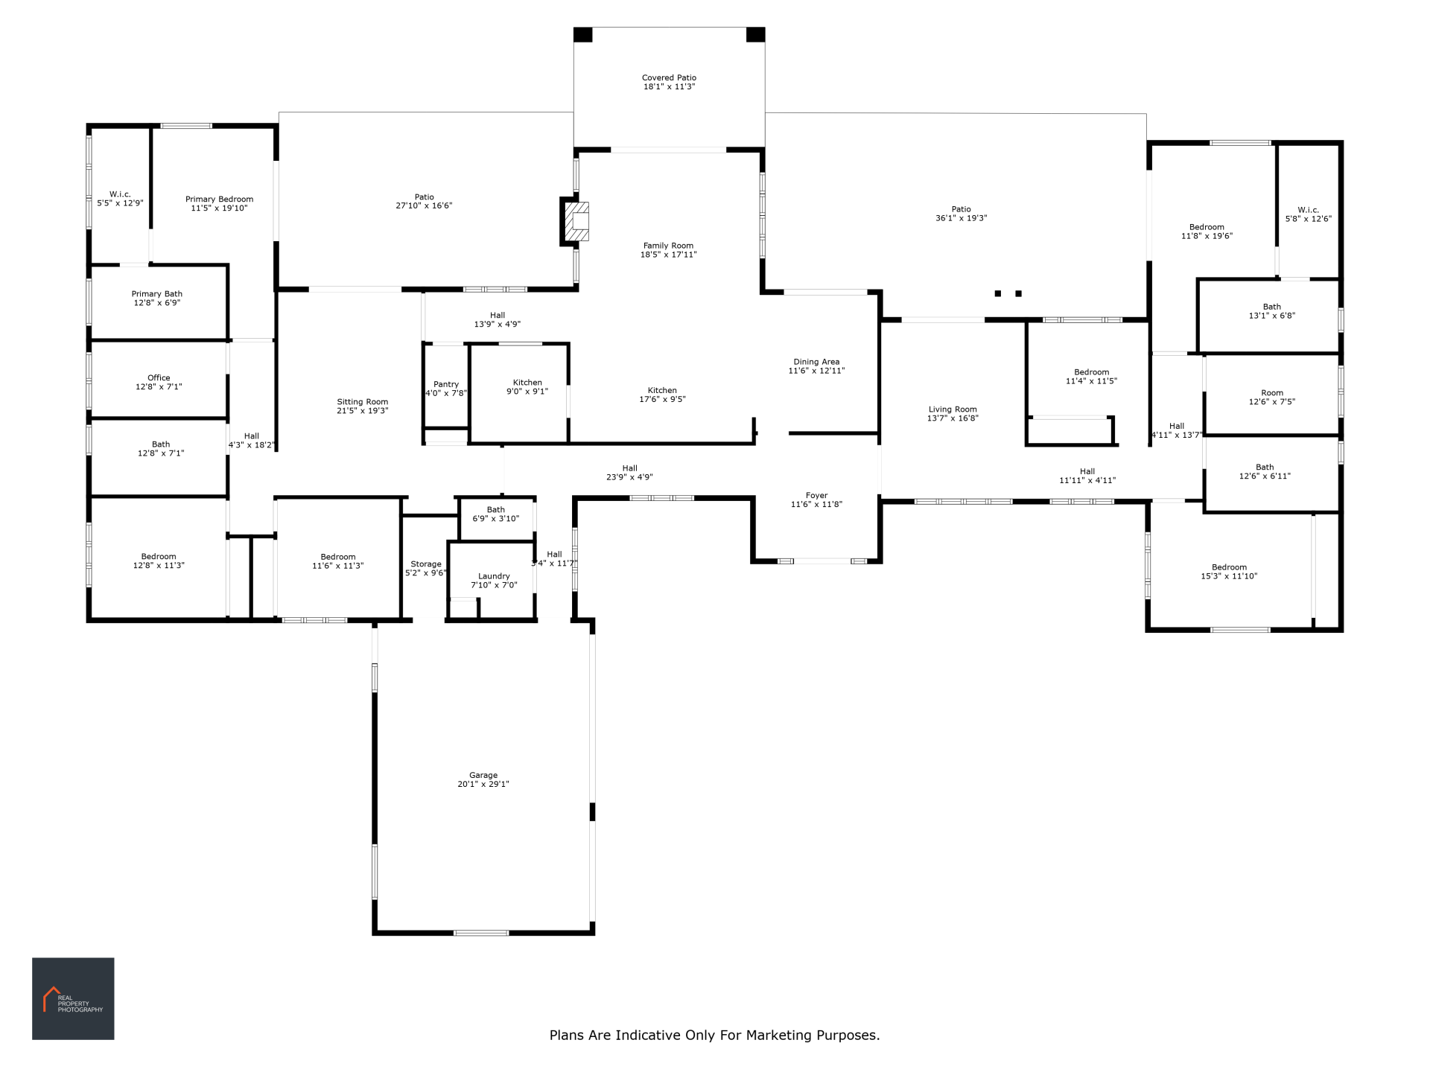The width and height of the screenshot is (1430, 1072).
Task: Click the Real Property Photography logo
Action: (73, 998)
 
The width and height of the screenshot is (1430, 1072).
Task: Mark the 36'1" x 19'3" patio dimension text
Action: (961, 218)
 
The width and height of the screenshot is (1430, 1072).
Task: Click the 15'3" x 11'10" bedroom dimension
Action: (1229, 576)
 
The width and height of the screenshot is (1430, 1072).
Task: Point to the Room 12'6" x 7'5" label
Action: (1272, 398)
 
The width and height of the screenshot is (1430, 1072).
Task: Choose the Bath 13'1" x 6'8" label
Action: (1272, 311)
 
